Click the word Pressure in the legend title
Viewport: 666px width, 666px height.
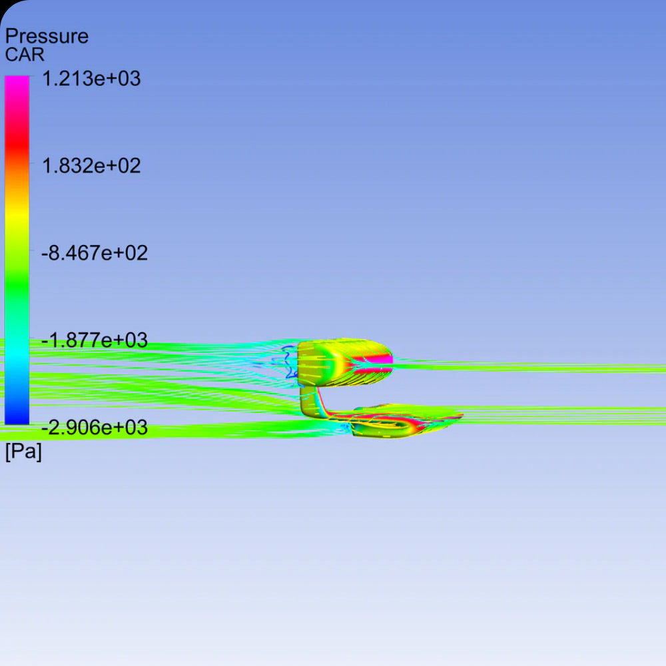(x=47, y=37)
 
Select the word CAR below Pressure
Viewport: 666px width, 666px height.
(x=24, y=55)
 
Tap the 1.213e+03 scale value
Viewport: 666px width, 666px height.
(x=91, y=79)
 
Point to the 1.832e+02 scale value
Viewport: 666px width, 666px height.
(x=91, y=166)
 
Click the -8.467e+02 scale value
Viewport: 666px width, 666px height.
(x=95, y=252)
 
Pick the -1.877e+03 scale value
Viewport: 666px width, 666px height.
(x=95, y=340)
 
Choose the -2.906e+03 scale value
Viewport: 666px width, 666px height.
(x=95, y=427)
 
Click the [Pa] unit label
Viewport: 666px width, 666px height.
(x=23, y=451)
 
